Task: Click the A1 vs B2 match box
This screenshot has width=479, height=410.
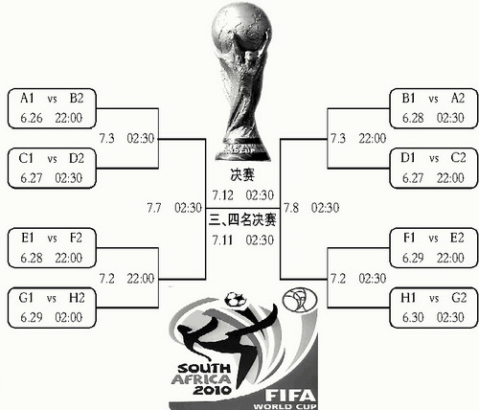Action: (52, 108)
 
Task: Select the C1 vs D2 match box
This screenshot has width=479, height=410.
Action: (52, 168)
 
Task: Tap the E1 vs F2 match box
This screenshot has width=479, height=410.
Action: (52, 248)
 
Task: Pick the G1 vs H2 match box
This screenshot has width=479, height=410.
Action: (52, 307)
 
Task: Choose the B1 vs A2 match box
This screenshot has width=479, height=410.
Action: (434, 108)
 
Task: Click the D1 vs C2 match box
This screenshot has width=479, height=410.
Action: (434, 168)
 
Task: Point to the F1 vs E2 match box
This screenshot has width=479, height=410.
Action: (434, 248)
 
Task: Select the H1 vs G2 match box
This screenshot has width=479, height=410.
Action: (434, 307)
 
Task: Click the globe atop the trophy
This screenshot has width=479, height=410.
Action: (241, 26)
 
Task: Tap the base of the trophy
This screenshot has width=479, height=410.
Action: (242, 150)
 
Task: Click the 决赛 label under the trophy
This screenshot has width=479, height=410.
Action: (242, 175)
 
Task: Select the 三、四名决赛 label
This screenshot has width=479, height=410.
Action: (242, 220)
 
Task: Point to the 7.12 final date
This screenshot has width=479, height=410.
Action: (223, 195)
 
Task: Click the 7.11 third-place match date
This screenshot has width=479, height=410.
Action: (223, 240)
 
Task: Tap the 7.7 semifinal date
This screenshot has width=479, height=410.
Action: (154, 208)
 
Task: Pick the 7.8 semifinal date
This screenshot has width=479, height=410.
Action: (291, 208)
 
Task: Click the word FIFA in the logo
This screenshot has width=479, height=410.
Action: (290, 396)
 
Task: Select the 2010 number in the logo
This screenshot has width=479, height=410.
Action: (212, 390)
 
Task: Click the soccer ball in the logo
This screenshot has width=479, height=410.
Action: (236, 300)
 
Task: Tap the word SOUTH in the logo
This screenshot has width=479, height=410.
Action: (204, 369)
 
